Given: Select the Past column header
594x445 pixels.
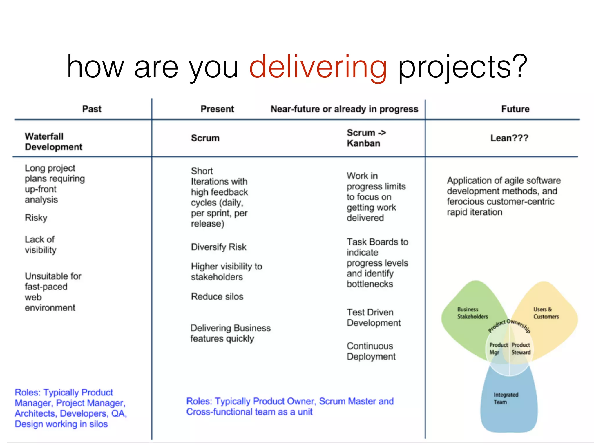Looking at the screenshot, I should click(92, 109).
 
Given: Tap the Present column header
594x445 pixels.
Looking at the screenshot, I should click(217, 109).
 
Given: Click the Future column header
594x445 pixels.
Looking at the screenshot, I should click(515, 109).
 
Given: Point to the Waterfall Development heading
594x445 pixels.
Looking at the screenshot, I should click(53, 142).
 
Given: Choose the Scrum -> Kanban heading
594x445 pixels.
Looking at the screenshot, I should click(366, 138).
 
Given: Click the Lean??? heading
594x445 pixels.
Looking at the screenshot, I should click(509, 138).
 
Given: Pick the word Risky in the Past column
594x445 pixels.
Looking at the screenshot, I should click(36, 218).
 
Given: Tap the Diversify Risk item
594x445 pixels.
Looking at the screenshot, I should click(218, 247).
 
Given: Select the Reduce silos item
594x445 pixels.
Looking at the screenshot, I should click(217, 296).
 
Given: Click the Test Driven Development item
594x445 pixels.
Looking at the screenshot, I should click(374, 318).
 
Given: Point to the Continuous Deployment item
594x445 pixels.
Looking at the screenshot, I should click(371, 351).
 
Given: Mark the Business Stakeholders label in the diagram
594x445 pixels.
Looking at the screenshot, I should click(472, 313).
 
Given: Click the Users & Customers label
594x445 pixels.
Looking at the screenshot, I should click(546, 313).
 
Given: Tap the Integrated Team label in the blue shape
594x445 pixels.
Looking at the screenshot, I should click(506, 398).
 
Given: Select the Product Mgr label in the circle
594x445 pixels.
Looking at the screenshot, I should click(498, 349).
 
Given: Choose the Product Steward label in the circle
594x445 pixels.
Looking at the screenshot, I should click(521, 349).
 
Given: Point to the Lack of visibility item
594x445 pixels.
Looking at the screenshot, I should click(40, 245).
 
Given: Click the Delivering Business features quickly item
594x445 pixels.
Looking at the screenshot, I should click(230, 333).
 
